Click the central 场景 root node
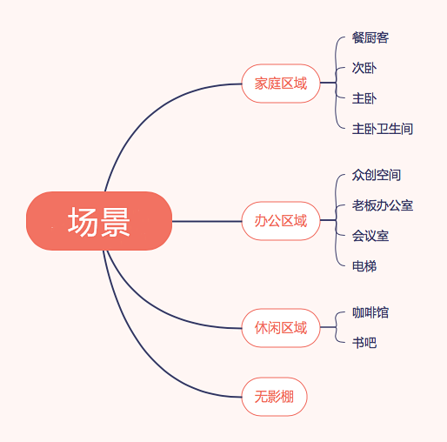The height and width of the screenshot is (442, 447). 99,221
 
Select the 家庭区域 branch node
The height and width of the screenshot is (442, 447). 281,84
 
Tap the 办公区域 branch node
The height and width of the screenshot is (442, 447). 281,221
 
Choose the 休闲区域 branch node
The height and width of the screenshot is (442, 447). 281,328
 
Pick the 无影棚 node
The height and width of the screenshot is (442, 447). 274,397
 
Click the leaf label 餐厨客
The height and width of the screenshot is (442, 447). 370,37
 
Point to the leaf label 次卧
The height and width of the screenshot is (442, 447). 364,68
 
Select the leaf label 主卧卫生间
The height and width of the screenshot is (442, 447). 383,129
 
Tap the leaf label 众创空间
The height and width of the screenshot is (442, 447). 377,175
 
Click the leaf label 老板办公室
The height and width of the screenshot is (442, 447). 383,205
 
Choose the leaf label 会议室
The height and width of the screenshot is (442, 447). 370,236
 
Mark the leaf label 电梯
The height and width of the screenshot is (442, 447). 364,266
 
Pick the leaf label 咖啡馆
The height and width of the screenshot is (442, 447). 370,312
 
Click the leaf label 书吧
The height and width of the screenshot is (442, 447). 364,343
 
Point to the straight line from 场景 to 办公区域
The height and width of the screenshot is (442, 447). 207,221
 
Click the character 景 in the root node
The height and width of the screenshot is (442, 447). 115,222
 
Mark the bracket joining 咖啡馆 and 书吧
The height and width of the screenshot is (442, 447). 336,327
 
